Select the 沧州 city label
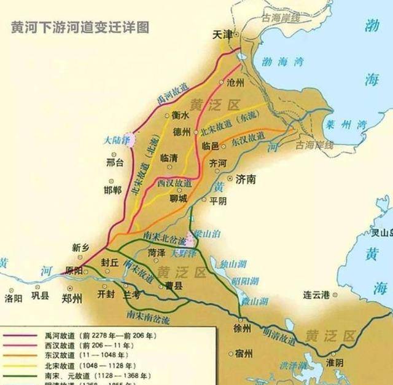[x=236, y=82]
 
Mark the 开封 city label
[x=106, y=293]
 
